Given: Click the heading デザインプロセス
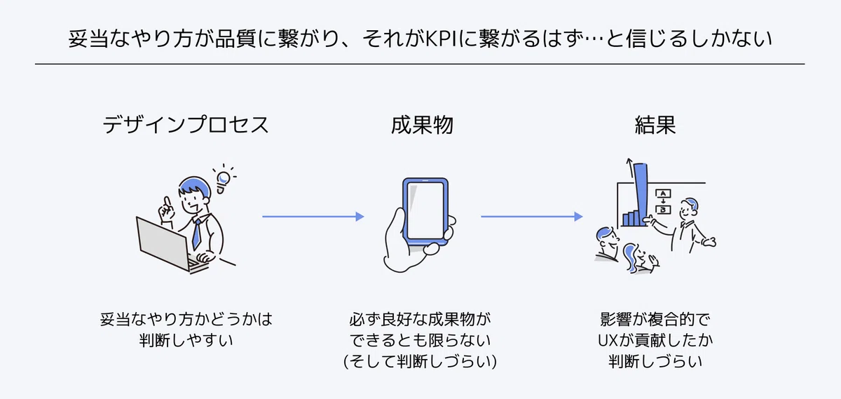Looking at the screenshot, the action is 186,125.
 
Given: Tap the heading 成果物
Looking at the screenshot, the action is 422,125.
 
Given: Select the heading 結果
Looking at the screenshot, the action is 655,125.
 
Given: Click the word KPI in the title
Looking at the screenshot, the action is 442,39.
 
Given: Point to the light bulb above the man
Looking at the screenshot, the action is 224,180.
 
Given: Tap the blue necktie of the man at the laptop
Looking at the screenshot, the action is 196,234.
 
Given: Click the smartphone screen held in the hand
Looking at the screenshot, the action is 425,211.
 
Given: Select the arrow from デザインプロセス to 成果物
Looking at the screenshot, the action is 313,217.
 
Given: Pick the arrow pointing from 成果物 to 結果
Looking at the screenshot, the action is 532,217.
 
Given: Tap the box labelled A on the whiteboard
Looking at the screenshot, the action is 663,194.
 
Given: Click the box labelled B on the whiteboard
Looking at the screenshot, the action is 663,210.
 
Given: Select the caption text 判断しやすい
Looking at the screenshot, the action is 186,340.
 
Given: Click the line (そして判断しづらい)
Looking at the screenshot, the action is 420,361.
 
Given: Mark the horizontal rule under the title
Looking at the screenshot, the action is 420,64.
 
